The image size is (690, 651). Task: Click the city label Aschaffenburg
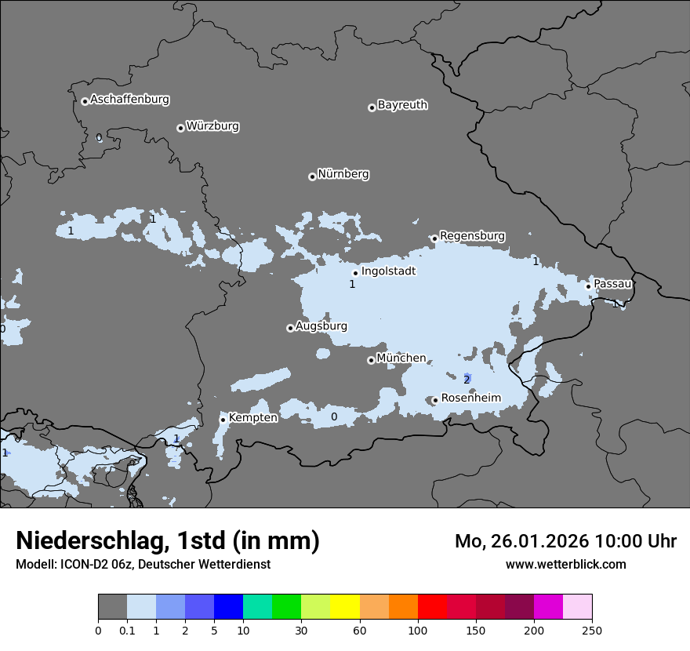[129, 100]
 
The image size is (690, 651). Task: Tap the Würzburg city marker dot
[180, 128]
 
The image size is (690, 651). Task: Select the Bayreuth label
[402, 105]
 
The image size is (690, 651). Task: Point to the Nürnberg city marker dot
[312, 176]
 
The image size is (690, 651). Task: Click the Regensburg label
[472, 236]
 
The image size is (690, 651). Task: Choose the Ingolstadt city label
[388, 271]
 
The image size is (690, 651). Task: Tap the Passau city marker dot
[588, 286]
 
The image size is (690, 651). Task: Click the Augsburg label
[321, 326]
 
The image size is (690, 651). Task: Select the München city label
[401, 358]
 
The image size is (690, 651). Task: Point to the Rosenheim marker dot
[435, 401]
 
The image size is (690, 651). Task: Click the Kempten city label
[252, 418]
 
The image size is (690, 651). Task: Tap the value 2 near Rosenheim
[467, 380]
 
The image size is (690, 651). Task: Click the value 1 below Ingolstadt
[352, 285]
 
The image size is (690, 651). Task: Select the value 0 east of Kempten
[334, 417]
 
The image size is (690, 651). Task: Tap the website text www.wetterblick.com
[565, 565]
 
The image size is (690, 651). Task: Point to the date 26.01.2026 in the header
[540, 541]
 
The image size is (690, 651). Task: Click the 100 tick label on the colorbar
[418, 630]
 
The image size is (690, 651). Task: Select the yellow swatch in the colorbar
[345, 607]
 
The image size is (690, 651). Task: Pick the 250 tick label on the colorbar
[592, 630]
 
